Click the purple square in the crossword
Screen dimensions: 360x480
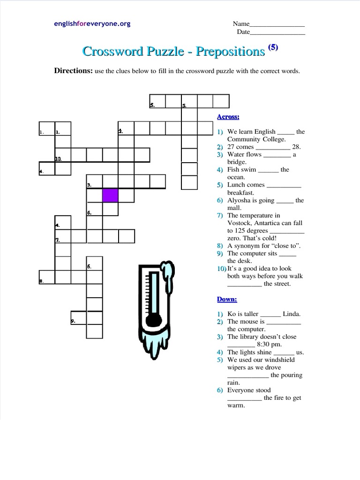(111, 195)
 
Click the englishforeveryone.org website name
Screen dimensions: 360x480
(92, 23)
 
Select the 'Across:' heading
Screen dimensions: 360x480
(228, 117)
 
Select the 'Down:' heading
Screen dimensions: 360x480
(227, 299)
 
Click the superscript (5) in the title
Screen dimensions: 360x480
(273, 47)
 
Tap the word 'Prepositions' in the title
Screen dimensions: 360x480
(231, 52)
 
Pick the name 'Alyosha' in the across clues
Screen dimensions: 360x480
(239, 200)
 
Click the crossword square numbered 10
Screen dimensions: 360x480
(63, 155)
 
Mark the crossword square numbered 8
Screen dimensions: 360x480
(47, 277)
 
